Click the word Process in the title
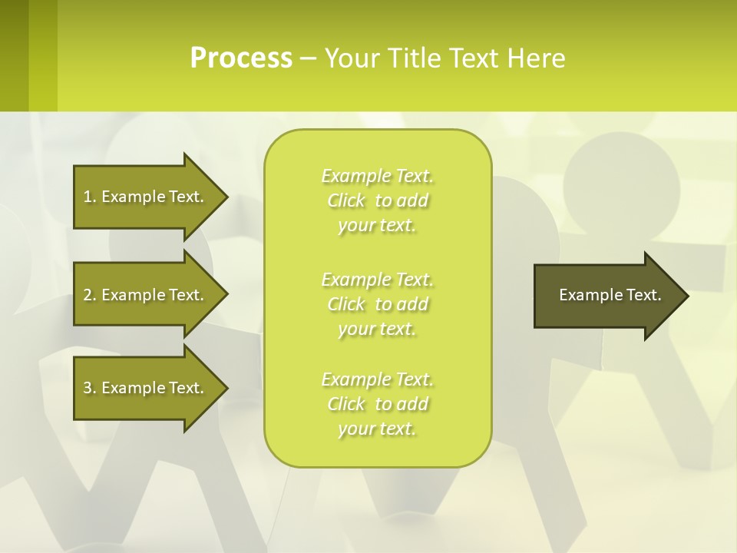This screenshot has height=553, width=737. (x=241, y=58)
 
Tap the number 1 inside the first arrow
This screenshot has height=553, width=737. (x=88, y=197)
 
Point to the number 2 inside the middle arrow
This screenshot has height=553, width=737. (x=88, y=295)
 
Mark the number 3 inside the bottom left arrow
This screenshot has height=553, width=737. (x=88, y=388)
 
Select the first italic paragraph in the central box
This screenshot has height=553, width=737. (x=377, y=200)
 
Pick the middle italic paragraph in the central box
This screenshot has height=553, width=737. (x=377, y=304)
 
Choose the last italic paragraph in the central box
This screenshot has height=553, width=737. (x=377, y=404)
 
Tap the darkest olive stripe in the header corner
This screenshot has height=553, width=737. (x=14, y=54)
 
